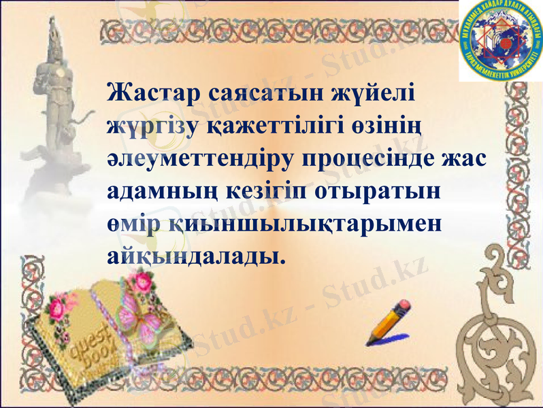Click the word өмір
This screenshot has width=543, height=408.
pyautogui.click(x=133, y=224)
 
